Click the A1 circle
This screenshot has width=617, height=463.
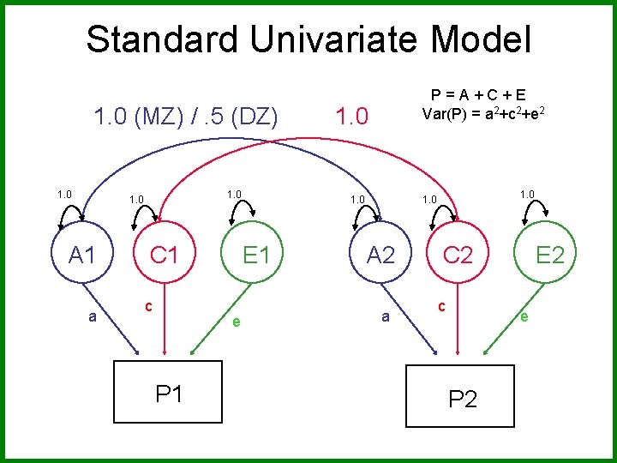(x=81, y=255)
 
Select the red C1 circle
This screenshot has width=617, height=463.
(x=164, y=255)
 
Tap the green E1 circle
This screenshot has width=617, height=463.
(x=255, y=255)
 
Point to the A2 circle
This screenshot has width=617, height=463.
(x=380, y=255)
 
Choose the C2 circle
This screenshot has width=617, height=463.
(x=458, y=255)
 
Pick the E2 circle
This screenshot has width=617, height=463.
(x=548, y=255)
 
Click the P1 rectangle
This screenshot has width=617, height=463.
(x=168, y=393)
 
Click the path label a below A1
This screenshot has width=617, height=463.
(x=93, y=316)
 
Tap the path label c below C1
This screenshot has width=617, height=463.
(x=148, y=304)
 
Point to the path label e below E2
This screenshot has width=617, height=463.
(x=524, y=316)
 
